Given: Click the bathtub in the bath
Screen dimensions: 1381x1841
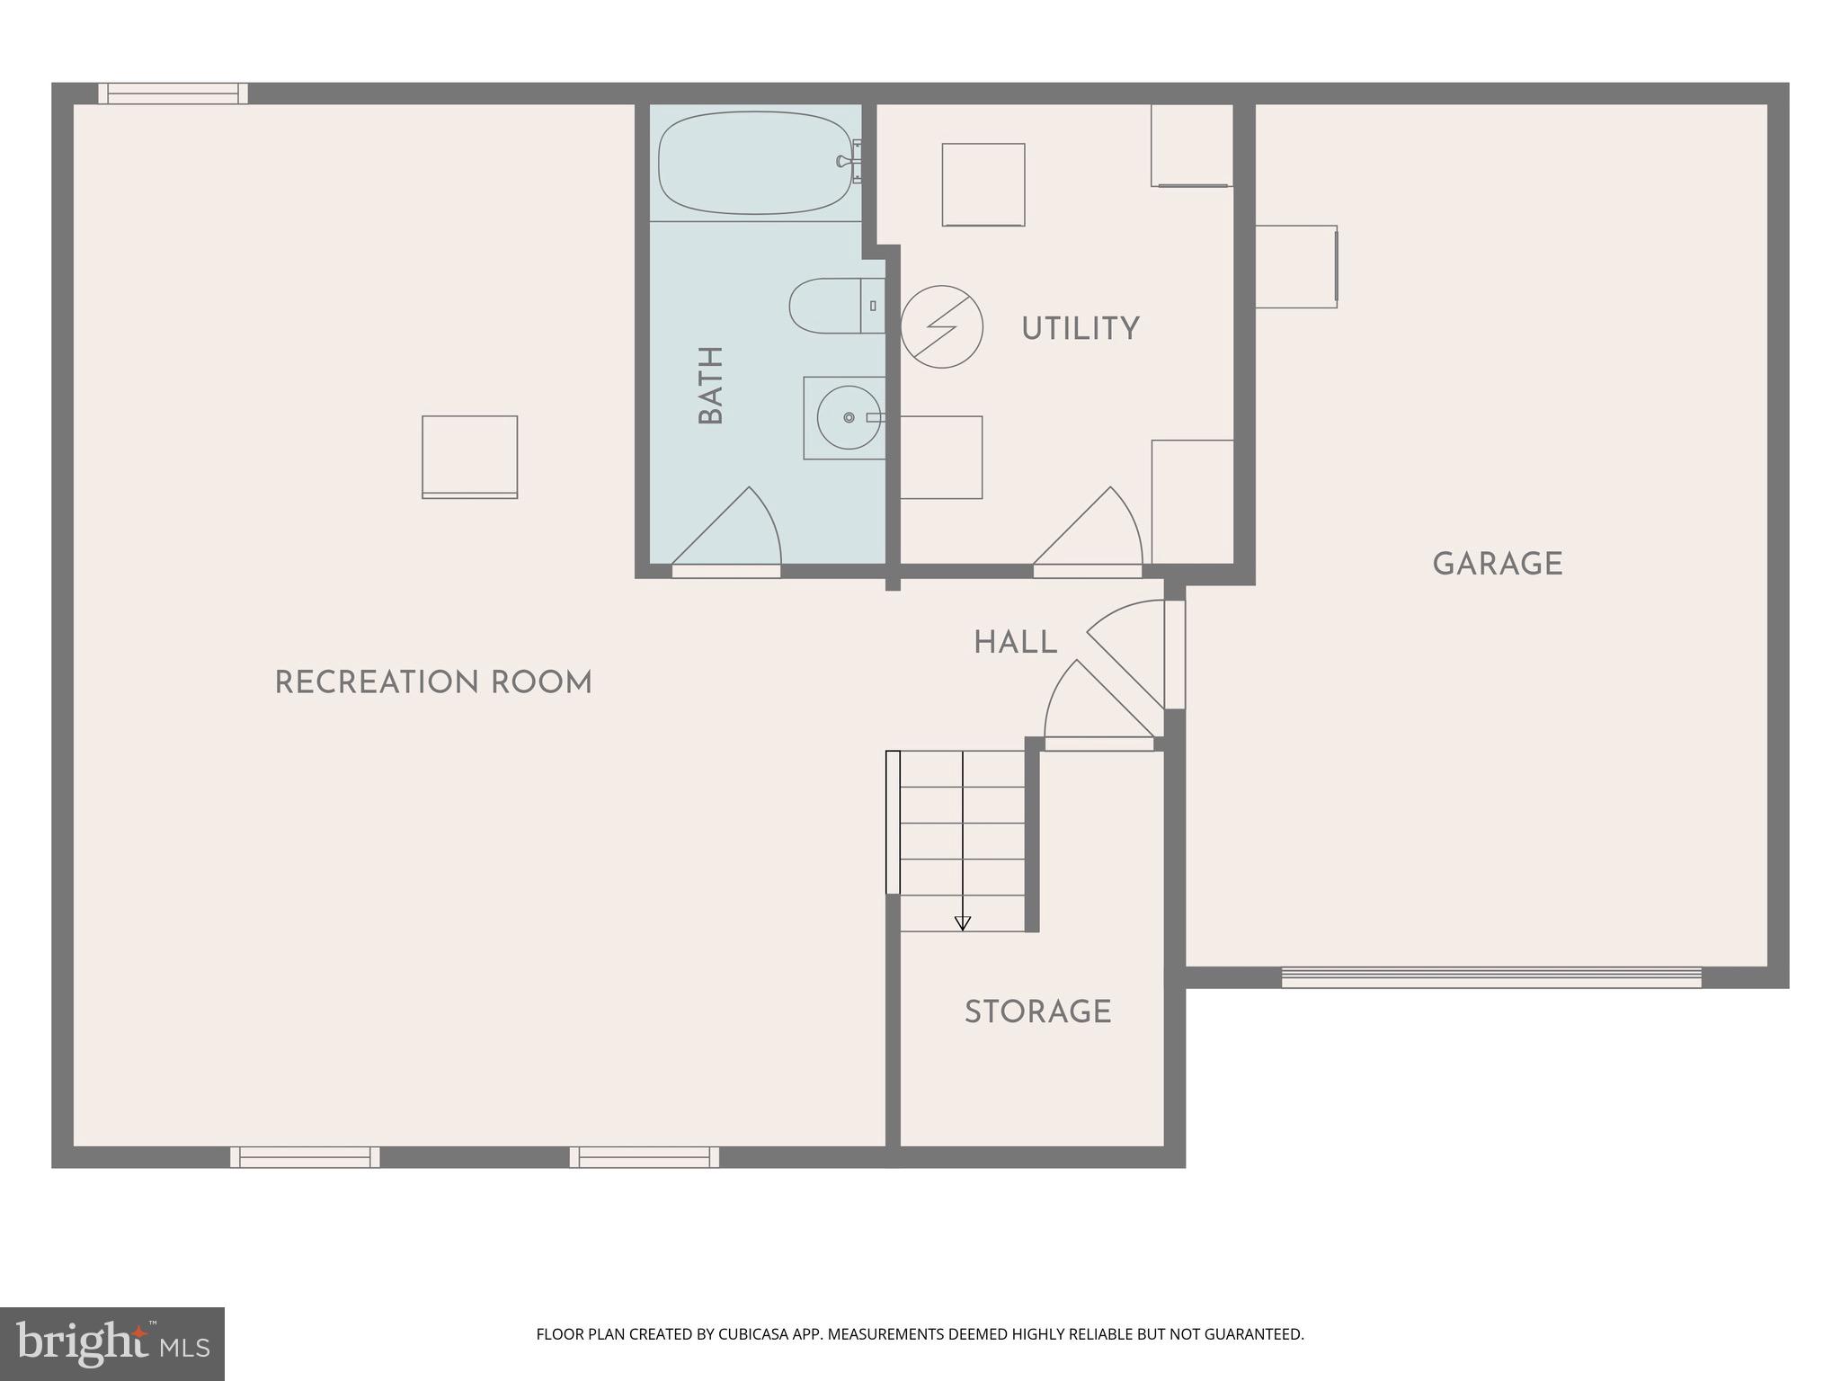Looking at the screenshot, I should (754, 163).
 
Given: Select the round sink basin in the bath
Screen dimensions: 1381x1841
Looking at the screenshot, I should (848, 417).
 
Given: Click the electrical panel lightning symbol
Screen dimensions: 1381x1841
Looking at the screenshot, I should (941, 326).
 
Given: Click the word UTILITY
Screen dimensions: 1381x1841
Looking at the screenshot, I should (1080, 329).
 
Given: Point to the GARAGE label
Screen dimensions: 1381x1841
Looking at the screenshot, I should (1497, 565).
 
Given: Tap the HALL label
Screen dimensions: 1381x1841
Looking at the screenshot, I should (1015, 643).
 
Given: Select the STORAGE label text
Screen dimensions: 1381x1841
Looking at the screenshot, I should (1037, 1012).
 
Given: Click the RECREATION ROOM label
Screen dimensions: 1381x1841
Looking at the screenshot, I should (432, 683).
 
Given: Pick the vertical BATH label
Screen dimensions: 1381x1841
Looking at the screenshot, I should (711, 385).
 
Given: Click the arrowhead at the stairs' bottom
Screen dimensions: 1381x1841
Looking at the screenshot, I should (962, 922).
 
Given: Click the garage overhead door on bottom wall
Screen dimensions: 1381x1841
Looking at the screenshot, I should (1490, 977).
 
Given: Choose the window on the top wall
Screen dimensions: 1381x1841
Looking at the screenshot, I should (173, 94).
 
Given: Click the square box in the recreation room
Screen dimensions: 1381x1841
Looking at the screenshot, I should (469, 456).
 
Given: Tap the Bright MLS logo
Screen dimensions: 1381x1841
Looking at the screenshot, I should (111, 1343).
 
